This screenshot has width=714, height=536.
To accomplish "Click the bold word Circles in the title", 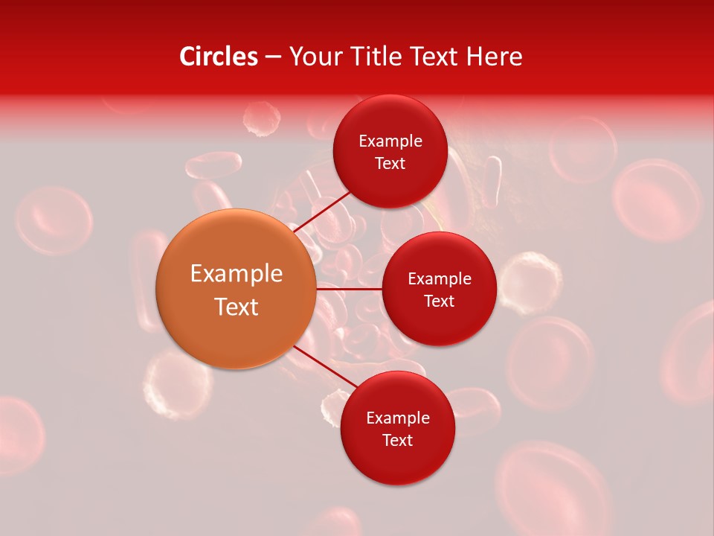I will pyautogui.click(x=218, y=57).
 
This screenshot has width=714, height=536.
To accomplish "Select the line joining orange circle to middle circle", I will pyautogui.click(x=349, y=288).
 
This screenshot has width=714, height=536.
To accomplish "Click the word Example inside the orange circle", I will pyautogui.click(x=237, y=273).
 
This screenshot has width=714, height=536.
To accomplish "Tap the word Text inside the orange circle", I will pyautogui.click(x=237, y=306).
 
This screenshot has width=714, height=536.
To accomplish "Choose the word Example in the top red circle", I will pyautogui.click(x=390, y=141).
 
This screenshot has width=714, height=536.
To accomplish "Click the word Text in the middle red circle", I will pyautogui.click(x=439, y=301).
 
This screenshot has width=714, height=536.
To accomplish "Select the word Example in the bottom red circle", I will pyautogui.click(x=398, y=418).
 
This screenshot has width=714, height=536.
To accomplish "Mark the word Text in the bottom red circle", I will pyautogui.click(x=397, y=440).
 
